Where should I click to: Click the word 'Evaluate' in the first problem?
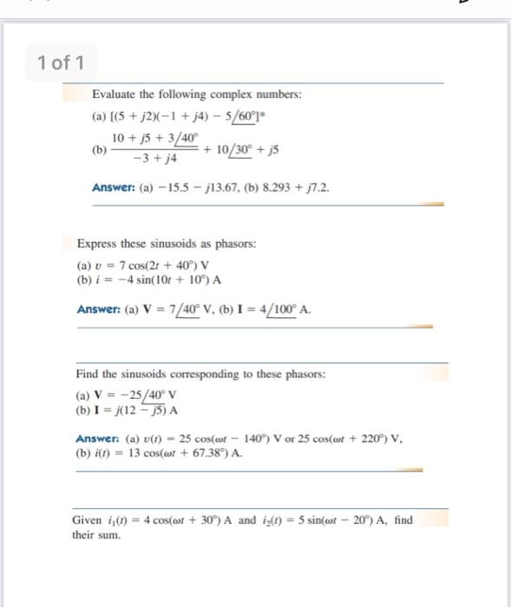point(115,94)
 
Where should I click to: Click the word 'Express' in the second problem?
point(98,245)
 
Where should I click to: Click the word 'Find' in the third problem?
point(87,374)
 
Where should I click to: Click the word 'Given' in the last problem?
point(88,520)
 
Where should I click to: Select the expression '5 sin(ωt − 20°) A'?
point(337,520)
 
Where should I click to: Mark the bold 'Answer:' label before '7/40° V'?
point(101,308)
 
